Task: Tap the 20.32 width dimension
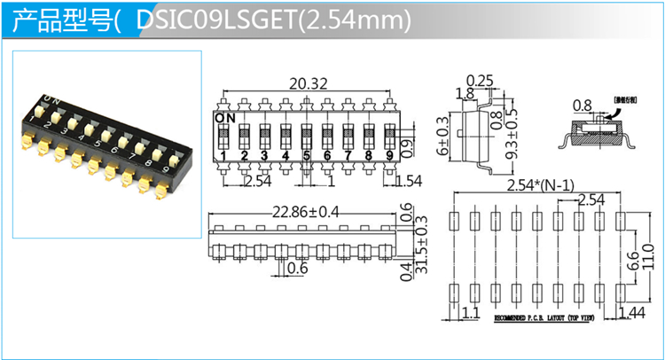click(308, 84)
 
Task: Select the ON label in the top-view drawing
click(225, 116)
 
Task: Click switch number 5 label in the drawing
click(307, 157)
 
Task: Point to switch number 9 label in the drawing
click(391, 157)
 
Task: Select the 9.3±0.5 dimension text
click(512, 134)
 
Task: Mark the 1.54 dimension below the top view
click(409, 182)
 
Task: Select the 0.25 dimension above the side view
click(480, 82)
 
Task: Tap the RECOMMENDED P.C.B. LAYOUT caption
click(540, 317)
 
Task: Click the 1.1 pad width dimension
click(470, 311)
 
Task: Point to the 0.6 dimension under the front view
click(297, 269)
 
